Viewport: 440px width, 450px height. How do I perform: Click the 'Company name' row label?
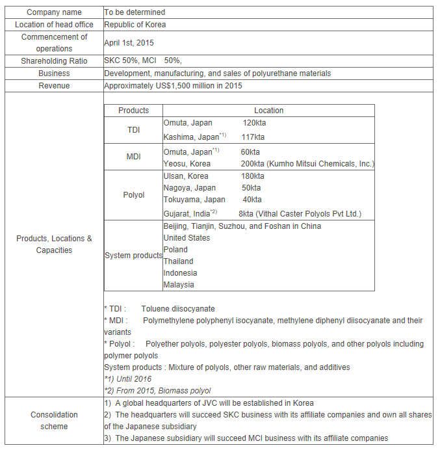point(54,12)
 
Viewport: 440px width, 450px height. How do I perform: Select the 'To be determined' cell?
point(135,12)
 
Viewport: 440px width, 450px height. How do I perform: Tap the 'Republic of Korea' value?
point(135,25)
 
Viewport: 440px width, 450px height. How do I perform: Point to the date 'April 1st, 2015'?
point(129,43)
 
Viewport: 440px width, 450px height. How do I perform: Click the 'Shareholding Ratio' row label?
point(54,61)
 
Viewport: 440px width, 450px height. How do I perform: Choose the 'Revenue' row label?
point(54,86)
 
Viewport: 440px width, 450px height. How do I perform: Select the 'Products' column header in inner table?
point(133,111)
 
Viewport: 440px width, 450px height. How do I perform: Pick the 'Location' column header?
point(268,111)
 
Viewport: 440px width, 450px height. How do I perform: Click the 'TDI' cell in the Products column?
point(133,130)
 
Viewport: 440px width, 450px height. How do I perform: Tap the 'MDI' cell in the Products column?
point(133,157)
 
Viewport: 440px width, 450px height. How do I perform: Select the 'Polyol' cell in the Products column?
point(133,195)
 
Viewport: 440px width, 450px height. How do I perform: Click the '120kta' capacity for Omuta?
point(254,123)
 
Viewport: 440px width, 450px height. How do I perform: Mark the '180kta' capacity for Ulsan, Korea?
point(252,176)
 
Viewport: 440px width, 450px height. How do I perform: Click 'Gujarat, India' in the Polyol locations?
point(186,214)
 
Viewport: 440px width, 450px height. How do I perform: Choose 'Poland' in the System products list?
point(175,250)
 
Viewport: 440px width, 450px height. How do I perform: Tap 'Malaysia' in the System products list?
point(179,285)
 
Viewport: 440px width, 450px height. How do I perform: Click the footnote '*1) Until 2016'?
point(127,379)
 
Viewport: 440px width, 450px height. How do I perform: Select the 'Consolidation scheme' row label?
point(54,421)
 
